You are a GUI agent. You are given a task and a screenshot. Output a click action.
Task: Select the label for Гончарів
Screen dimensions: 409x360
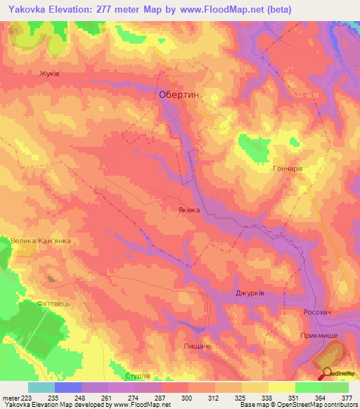click(287, 169)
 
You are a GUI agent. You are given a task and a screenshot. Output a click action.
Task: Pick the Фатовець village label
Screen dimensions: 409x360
click(53, 304)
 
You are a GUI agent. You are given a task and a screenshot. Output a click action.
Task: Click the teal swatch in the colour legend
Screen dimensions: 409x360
click(41, 387)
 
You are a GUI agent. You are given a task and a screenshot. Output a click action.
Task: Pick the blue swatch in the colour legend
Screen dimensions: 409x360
click(68, 387)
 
